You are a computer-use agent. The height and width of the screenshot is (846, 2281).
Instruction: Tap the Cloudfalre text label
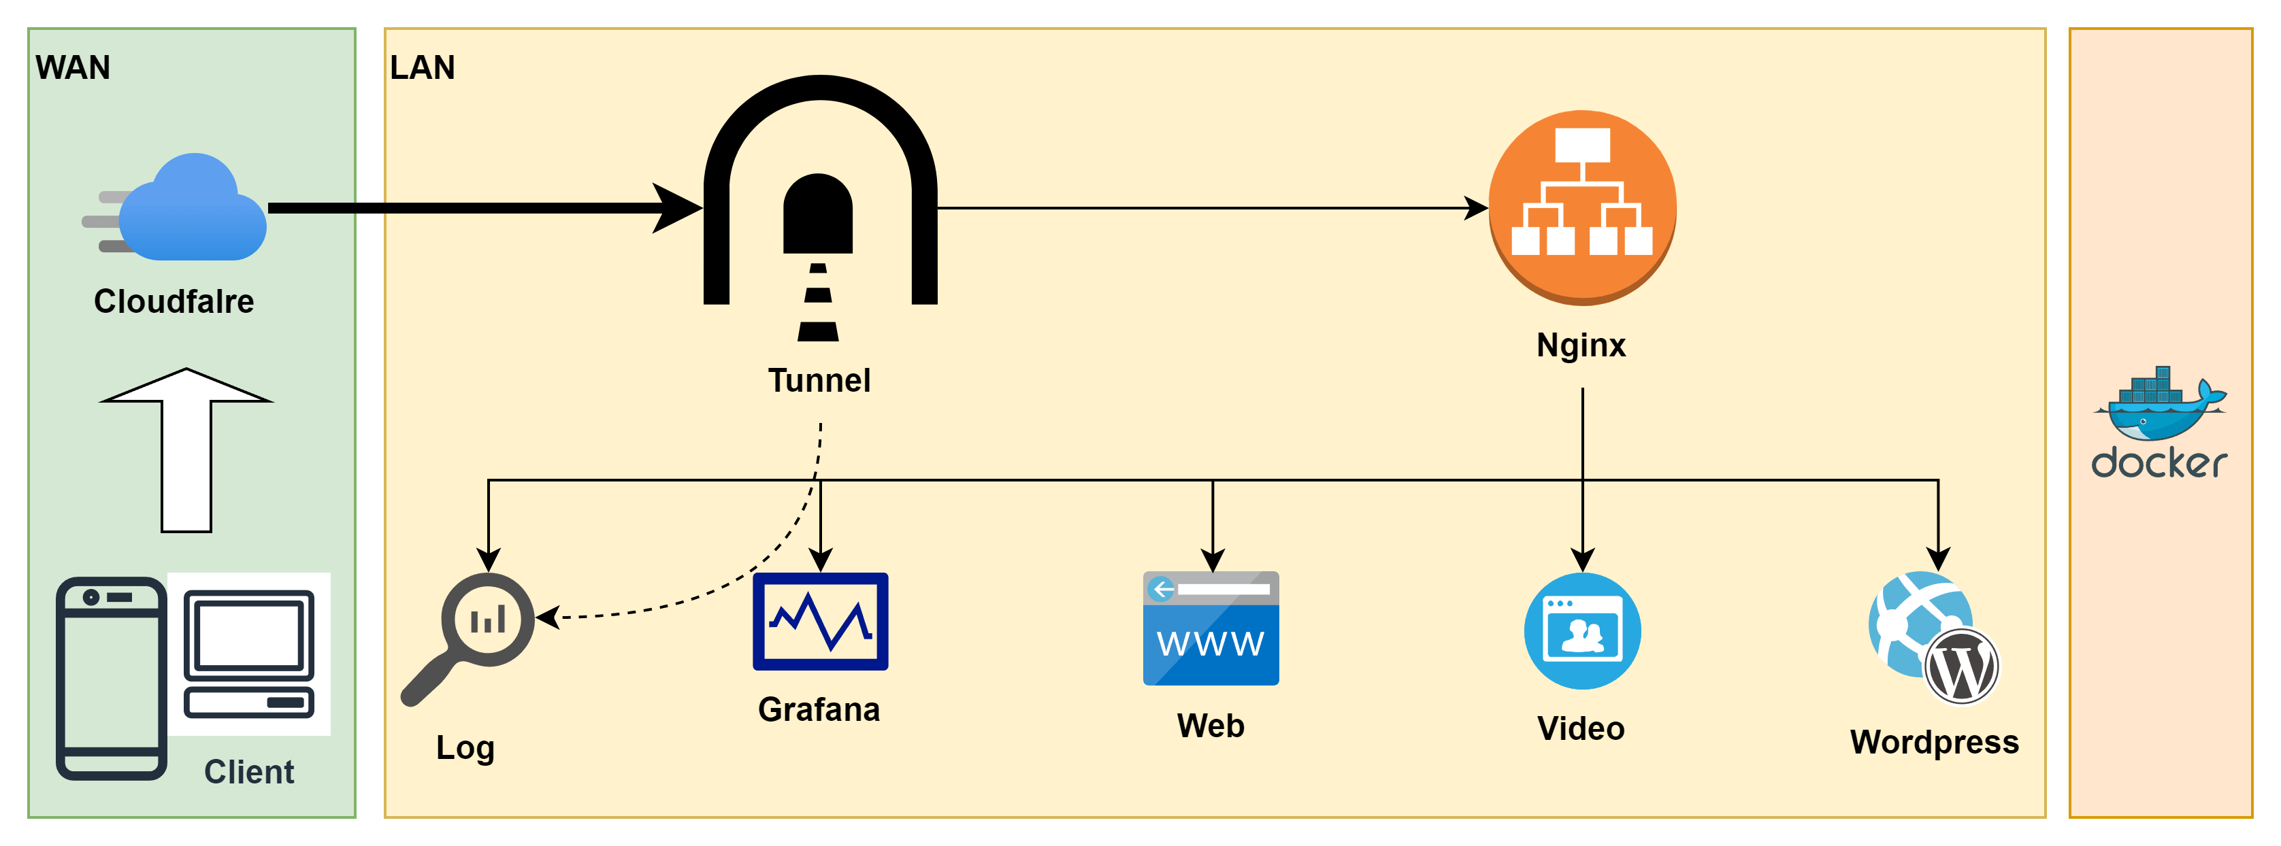(x=174, y=301)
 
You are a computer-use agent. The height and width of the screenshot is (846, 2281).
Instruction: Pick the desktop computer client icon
(x=249, y=654)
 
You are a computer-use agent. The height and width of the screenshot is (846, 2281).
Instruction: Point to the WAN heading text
(x=73, y=67)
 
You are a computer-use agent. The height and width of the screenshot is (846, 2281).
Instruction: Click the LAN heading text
(x=423, y=67)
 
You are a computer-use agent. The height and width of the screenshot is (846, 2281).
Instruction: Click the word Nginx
(x=1581, y=345)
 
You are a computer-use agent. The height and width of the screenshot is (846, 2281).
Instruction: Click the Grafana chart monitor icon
(x=820, y=621)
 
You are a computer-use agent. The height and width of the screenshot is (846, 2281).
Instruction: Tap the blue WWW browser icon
(x=1211, y=628)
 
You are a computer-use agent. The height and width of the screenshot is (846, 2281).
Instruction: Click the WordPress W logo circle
(x=1960, y=666)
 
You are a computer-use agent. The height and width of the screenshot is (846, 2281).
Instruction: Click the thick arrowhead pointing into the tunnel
(x=677, y=208)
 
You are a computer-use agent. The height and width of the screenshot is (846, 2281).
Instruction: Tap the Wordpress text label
(x=1934, y=741)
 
